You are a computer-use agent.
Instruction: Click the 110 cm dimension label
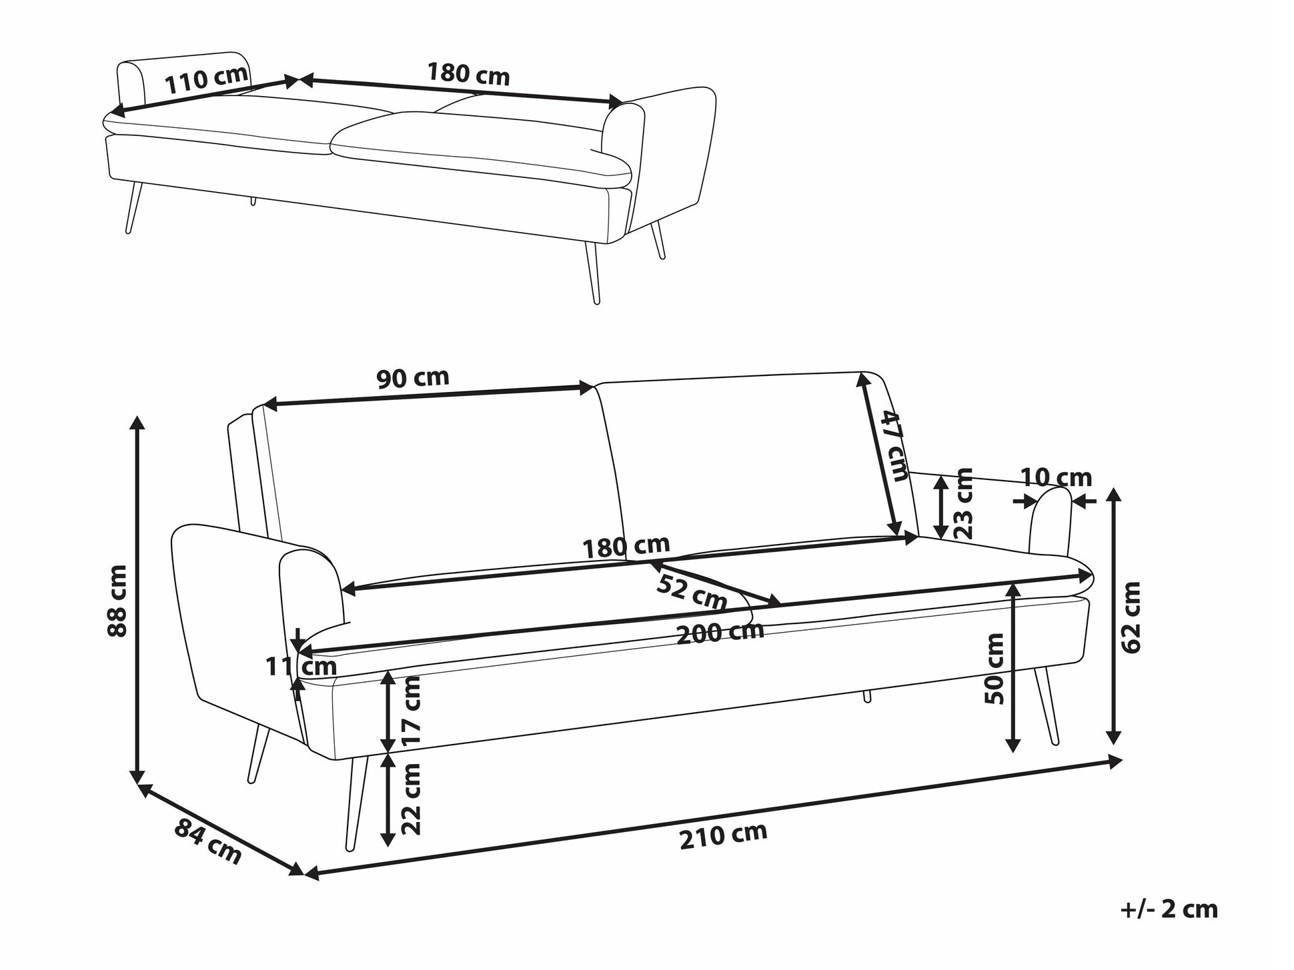coord(206,79)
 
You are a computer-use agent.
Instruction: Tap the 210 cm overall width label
coord(723,835)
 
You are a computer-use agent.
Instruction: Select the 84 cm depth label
coord(207,841)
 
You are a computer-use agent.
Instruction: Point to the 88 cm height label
coord(117,601)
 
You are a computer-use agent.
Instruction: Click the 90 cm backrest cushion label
coord(413,378)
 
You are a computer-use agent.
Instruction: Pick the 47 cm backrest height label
coord(894,445)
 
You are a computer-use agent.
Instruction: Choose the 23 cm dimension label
coord(963,503)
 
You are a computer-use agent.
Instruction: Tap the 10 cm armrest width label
coord(1056,477)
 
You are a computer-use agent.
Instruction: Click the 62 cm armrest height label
coord(1131,617)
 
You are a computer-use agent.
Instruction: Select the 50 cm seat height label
coord(994,668)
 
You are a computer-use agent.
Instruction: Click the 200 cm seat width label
coord(720,631)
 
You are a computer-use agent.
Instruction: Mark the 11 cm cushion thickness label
coord(301,665)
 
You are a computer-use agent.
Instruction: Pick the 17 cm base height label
coord(412,711)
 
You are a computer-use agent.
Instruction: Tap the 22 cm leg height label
coord(412,799)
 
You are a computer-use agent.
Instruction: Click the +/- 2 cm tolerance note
coord(1169,909)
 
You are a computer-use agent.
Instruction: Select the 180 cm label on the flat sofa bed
coord(468,73)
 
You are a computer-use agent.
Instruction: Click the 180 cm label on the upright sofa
coord(626,547)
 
